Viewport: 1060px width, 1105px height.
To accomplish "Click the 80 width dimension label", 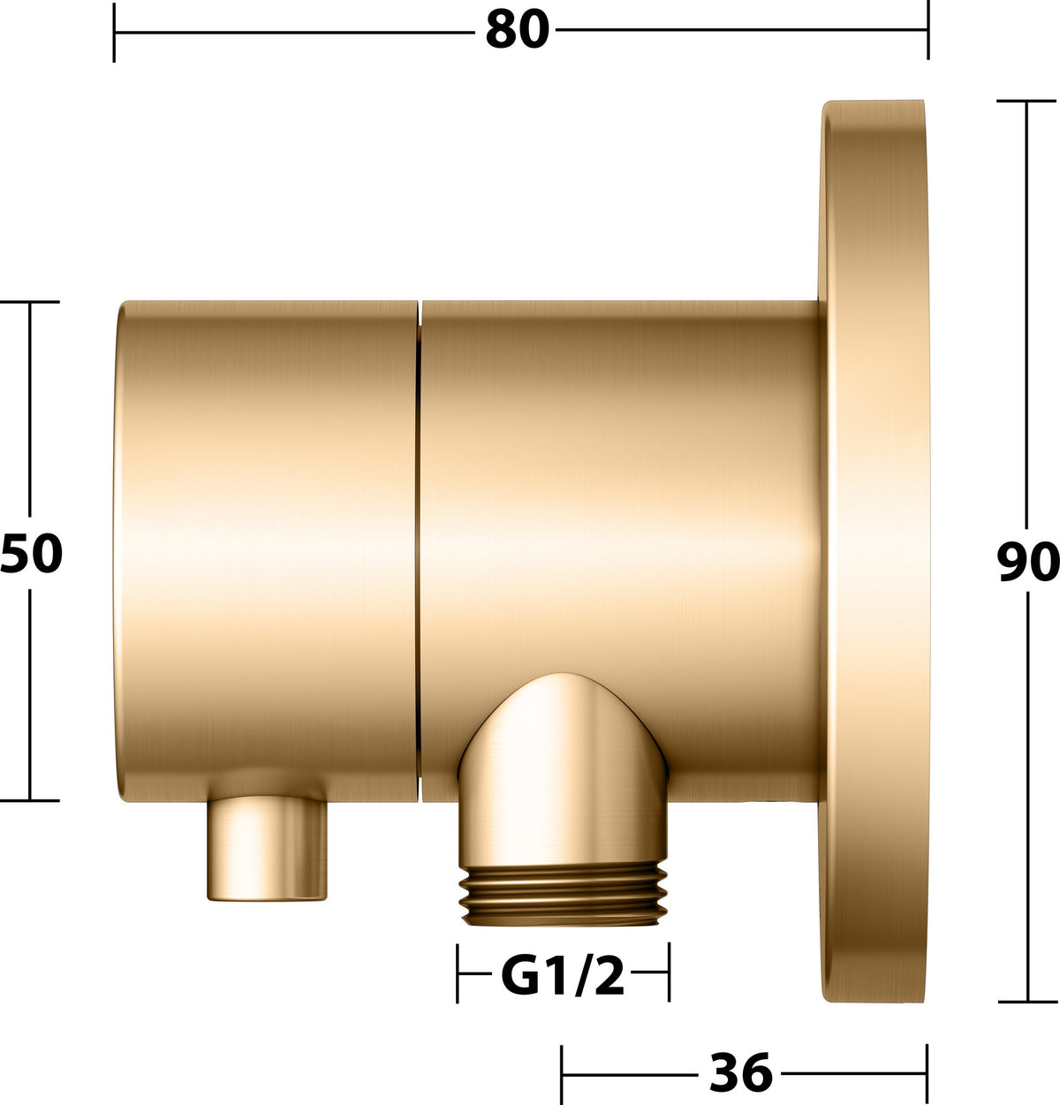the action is [x=518, y=29].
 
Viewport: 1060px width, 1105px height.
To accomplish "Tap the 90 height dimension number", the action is [x=1027, y=562].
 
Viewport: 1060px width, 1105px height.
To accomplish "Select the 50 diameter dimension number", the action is [x=31, y=553].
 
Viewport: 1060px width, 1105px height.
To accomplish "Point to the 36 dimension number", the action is [x=741, y=1071].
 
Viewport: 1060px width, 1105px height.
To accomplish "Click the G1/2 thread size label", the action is [x=563, y=975].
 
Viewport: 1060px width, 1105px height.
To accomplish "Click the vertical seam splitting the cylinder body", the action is [x=420, y=551].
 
